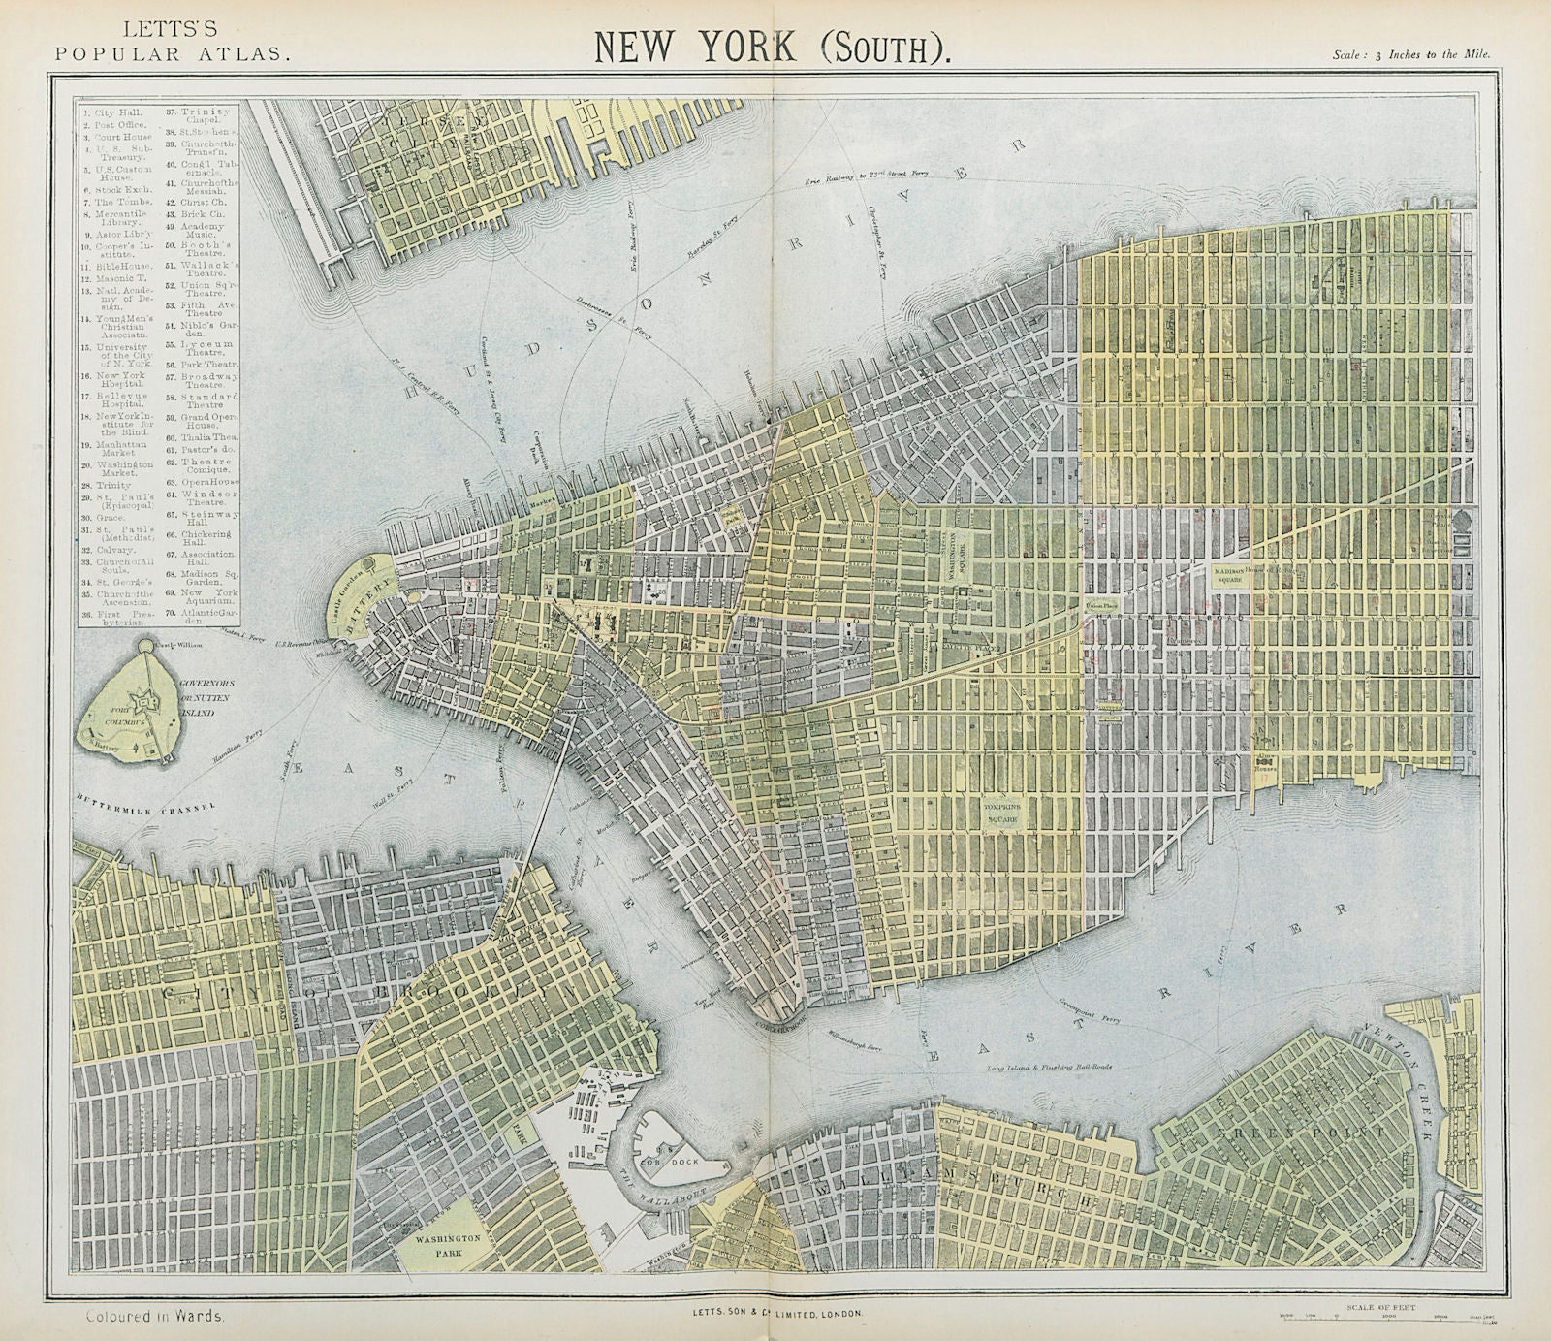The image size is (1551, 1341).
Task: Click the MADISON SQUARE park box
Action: [1223, 574]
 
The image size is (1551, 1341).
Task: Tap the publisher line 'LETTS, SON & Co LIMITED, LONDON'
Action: [775, 1313]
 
